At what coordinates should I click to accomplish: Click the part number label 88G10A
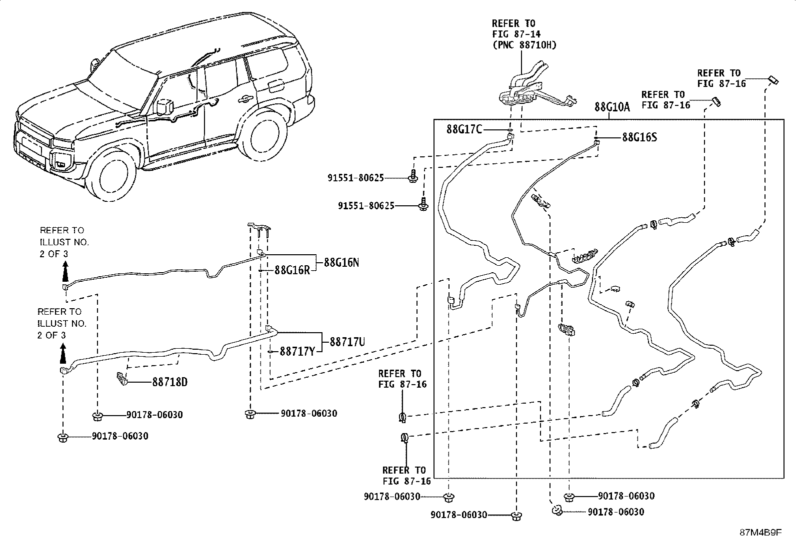click(612, 106)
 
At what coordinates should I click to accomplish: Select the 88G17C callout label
click(464, 129)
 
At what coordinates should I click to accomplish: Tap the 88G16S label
click(639, 137)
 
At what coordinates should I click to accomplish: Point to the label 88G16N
click(341, 262)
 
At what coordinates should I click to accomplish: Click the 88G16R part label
click(292, 270)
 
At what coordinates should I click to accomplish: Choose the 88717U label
click(347, 342)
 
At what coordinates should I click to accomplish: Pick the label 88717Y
click(297, 351)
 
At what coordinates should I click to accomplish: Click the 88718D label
click(170, 382)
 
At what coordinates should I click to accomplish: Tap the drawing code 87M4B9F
click(761, 533)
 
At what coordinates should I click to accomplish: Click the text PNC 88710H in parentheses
click(524, 45)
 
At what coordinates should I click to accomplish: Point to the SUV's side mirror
click(164, 106)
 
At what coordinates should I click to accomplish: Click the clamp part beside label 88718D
click(121, 379)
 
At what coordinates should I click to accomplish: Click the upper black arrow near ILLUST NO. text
click(65, 272)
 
